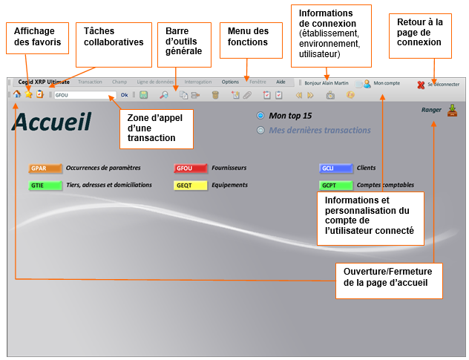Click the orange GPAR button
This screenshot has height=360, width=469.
(x=39, y=168)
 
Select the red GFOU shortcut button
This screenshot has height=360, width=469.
(x=185, y=168)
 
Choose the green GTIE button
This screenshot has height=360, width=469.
(x=39, y=186)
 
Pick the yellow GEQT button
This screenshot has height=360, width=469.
(x=185, y=186)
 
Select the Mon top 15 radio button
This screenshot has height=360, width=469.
(x=260, y=116)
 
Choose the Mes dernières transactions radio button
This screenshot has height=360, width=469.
(x=260, y=131)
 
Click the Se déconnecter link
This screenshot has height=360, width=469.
(x=443, y=85)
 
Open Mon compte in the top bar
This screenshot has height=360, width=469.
(x=387, y=84)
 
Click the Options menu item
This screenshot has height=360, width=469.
(x=230, y=82)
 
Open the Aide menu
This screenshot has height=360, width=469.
(x=281, y=82)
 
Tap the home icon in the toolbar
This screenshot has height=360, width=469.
(x=17, y=95)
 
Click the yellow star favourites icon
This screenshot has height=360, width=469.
(x=28, y=95)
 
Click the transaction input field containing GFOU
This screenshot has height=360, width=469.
(x=85, y=95)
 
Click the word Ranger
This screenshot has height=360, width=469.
(x=431, y=111)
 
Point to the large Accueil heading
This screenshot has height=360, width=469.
(x=52, y=122)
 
